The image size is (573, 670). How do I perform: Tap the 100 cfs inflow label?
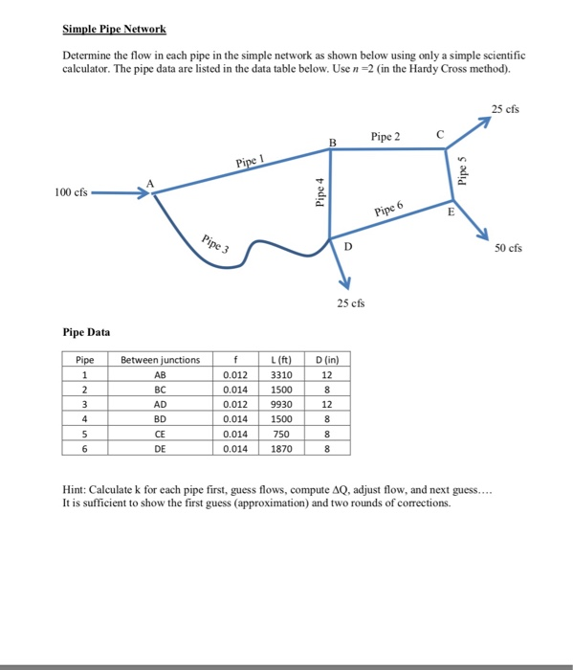coord(71,192)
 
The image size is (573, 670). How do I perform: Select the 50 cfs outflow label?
coord(509,249)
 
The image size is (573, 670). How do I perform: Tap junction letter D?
coord(347,247)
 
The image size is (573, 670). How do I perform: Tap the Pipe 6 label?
coord(389,209)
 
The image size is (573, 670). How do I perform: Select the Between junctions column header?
coord(161,360)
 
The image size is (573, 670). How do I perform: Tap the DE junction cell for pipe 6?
coord(161,448)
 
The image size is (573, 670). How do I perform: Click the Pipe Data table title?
coord(85,332)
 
